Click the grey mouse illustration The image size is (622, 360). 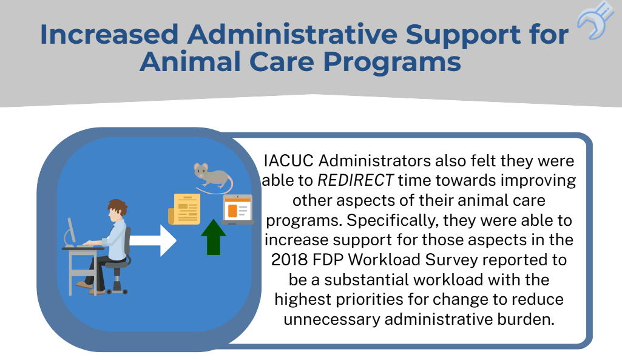pyautogui.click(x=212, y=177)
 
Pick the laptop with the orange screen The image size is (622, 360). pyautogui.click(x=237, y=209)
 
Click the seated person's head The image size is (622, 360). pyautogui.click(x=117, y=212)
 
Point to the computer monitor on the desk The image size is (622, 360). pyautogui.click(x=72, y=230)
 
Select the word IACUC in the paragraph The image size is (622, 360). pyautogui.click(x=289, y=161)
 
